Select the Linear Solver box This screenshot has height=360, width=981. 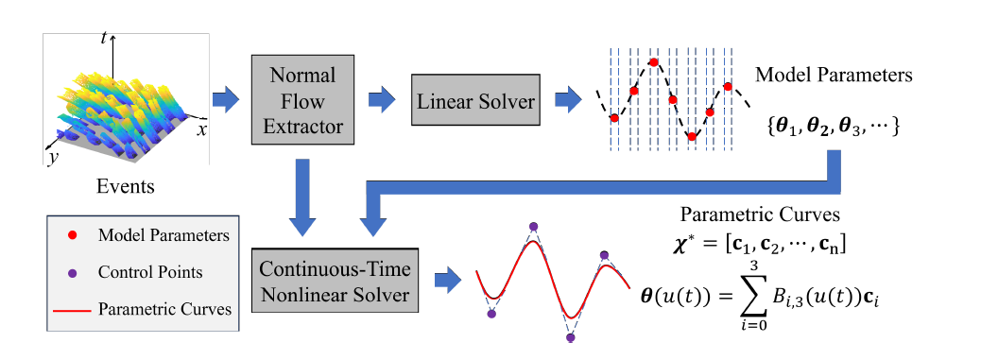(x=474, y=100)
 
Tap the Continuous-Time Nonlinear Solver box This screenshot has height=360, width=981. (x=335, y=282)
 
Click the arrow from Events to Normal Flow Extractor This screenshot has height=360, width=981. (x=226, y=100)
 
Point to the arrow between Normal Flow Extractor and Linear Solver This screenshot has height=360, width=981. (x=382, y=100)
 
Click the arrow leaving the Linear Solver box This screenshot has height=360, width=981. (x=568, y=100)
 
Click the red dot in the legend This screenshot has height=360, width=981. (x=73, y=235)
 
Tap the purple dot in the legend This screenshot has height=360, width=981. (x=73, y=272)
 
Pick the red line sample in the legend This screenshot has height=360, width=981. (x=73, y=309)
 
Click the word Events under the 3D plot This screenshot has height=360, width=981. (x=125, y=185)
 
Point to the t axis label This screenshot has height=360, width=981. (x=104, y=39)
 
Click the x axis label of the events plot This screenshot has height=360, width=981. (x=201, y=130)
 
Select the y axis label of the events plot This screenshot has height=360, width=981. (x=53, y=158)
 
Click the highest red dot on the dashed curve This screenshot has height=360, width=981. (x=654, y=61)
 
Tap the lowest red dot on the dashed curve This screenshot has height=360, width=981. (x=691, y=136)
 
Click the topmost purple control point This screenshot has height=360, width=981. (x=533, y=226)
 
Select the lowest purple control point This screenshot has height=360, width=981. (x=571, y=338)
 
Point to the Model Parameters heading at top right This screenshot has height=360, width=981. (x=834, y=75)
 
